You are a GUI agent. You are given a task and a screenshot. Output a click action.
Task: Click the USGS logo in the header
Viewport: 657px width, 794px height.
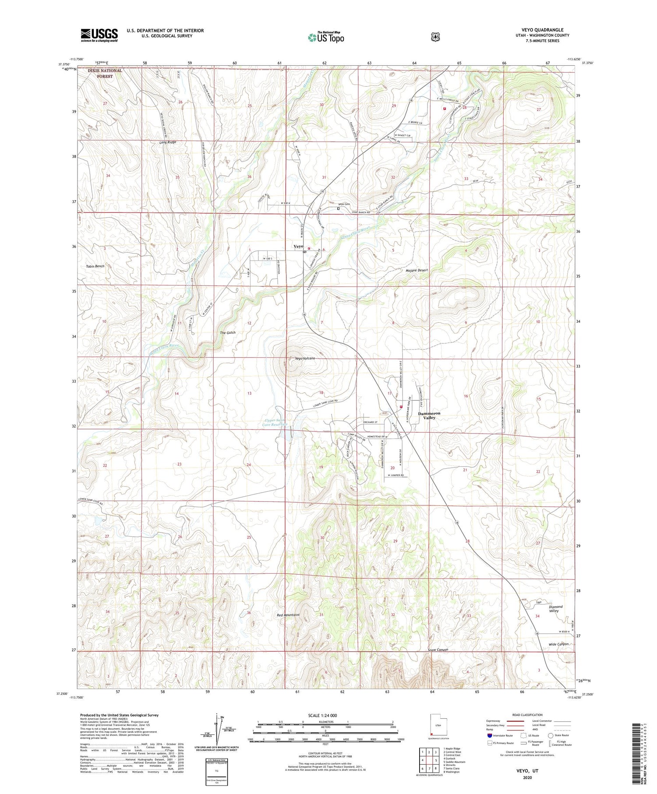(99, 35)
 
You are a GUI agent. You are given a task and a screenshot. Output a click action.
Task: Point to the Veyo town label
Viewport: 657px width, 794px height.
(298, 247)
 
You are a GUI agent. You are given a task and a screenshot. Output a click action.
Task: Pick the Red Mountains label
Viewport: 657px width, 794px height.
(288, 615)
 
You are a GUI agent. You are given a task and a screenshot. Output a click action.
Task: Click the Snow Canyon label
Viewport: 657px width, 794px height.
(438, 650)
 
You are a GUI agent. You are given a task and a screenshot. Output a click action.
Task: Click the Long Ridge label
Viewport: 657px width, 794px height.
(168, 142)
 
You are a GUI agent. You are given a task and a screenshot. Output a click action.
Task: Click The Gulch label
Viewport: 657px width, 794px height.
(227, 332)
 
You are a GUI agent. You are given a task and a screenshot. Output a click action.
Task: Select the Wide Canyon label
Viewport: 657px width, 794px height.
(558, 644)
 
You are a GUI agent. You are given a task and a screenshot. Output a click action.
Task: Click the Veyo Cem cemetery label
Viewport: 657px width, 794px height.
(343, 204)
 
